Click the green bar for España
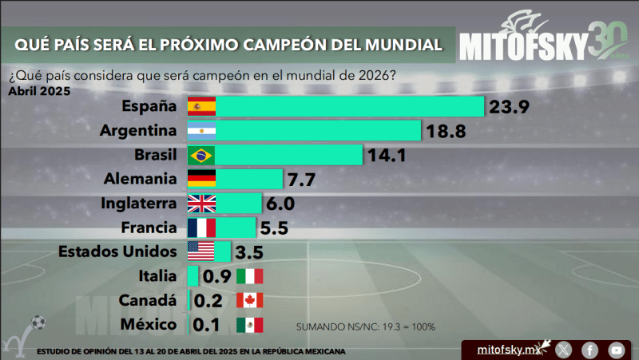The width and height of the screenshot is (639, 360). [x=349, y=106]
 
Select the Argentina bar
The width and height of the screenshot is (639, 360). [x=317, y=130]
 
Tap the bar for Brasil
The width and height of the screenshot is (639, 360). [x=288, y=154]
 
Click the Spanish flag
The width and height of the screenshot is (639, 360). [x=200, y=106]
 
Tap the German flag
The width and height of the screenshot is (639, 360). [x=200, y=179]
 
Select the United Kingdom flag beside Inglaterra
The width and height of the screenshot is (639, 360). [x=200, y=203]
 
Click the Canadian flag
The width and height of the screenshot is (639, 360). [x=249, y=301]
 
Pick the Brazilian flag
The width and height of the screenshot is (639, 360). [x=200, y=154]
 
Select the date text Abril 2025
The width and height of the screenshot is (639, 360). [x=39, y=90]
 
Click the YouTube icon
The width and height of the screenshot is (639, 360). [x=616, y=350]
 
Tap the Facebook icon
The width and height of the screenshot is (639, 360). [x=589, y=350]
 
